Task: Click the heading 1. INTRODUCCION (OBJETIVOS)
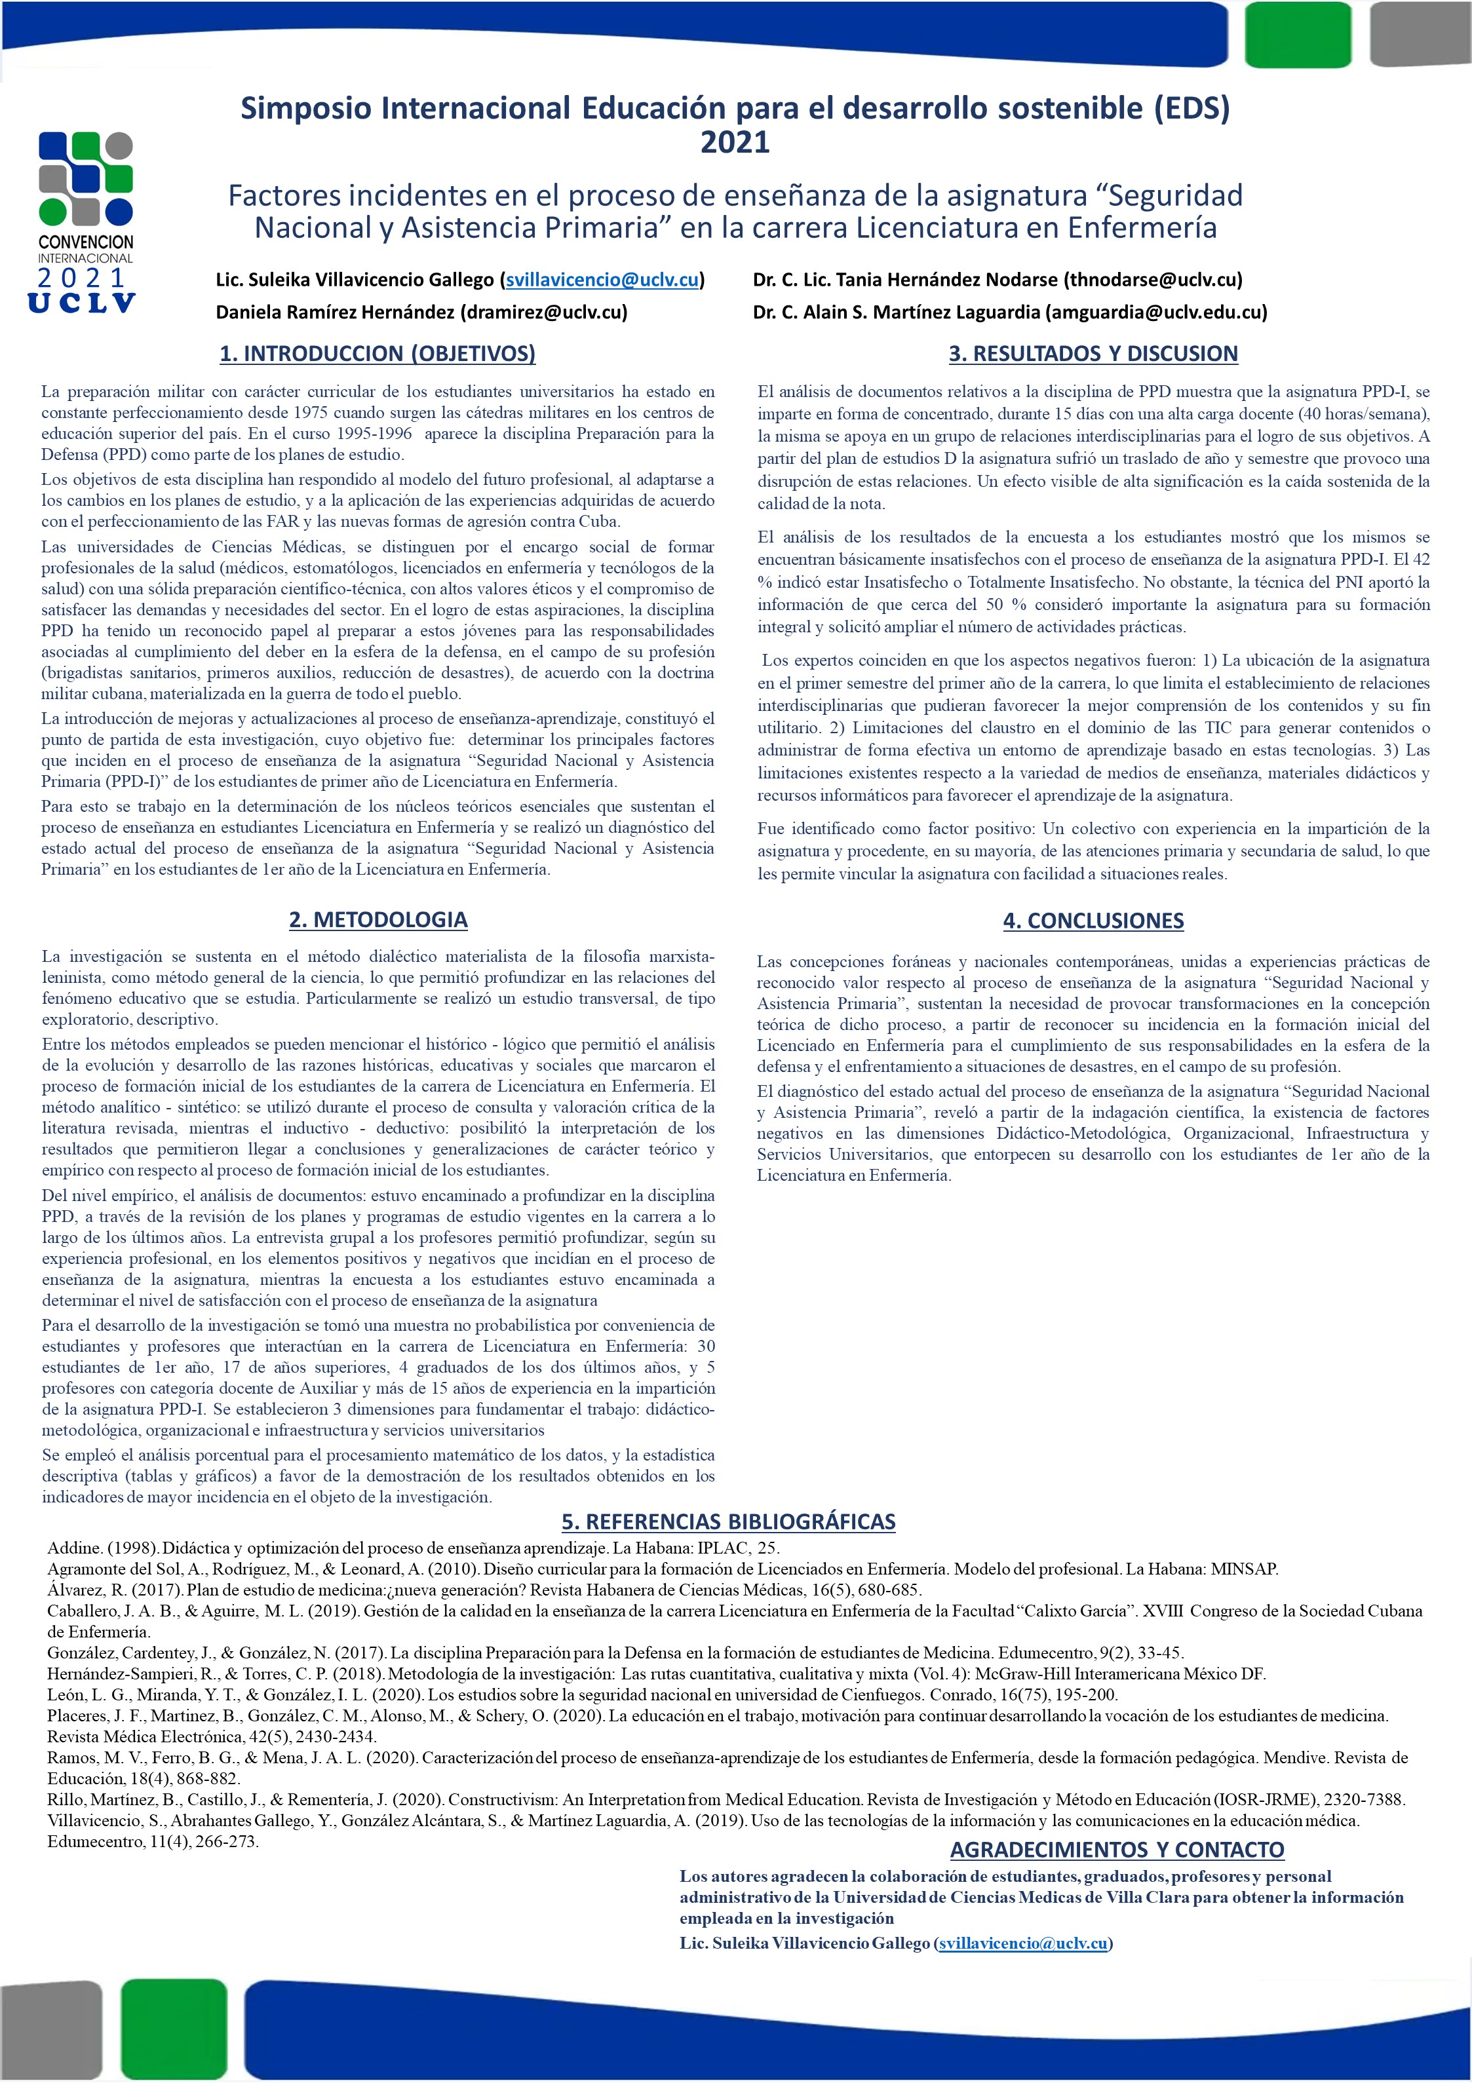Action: point(378,353)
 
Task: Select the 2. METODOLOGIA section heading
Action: point(378,919)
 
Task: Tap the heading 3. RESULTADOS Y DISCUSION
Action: point(1093,353)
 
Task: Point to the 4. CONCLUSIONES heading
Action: point(1093,920)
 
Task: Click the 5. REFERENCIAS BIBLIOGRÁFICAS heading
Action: point(728,1521)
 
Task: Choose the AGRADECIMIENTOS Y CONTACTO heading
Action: point(1116,1849)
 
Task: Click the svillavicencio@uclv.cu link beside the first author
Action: point(602,279)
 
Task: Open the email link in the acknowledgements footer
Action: point(1023,1943)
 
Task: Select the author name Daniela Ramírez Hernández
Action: point(335,312)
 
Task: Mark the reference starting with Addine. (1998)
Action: point(413,1548)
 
